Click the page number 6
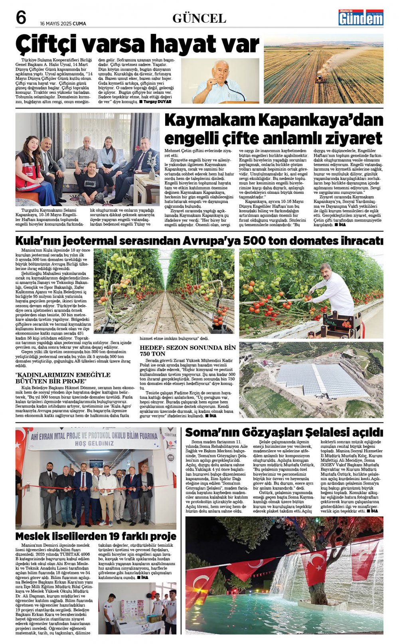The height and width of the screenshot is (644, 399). click(21, 18)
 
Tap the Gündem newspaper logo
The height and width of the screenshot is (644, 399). click(361, 18)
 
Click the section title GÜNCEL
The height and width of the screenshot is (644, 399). click(199, 18)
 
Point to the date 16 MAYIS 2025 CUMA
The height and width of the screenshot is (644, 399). click(63, 24)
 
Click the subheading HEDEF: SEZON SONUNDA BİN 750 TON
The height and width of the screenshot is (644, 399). click(187, 351)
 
